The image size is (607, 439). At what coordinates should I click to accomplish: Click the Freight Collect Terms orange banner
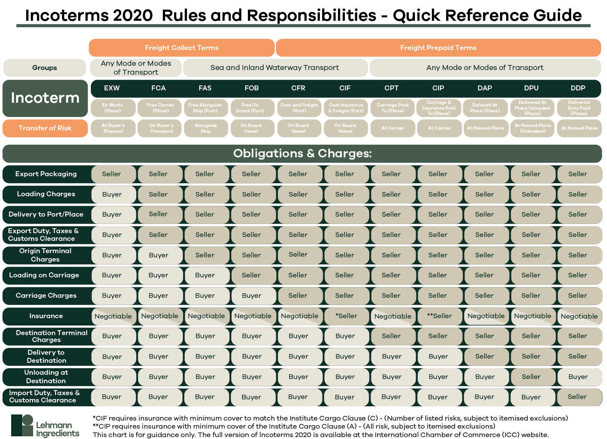(x=181, y=48)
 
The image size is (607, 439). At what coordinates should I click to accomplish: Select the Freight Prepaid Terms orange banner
(x=438, y=48)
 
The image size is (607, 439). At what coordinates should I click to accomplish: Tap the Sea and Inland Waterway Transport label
(x=274, y=68)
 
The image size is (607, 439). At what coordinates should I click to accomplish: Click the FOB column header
(x=251, y=88)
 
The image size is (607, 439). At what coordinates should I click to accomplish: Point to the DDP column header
(x=578, y=88)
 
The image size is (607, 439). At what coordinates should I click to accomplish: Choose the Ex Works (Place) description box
(x=113, y=108)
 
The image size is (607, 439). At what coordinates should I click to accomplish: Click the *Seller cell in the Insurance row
(x=346, y=316)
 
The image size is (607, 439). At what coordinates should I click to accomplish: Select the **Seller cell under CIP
(x=439, y=316)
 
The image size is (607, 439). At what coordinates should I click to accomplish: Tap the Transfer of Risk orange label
(x=45, y=128)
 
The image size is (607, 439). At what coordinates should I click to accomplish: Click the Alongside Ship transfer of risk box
(x=206, y=128)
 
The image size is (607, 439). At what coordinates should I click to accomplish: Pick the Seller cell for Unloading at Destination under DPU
(x=531, y=377)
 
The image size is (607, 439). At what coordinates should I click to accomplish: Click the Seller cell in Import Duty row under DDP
(x=577, y=397)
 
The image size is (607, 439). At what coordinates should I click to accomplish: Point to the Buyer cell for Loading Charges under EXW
(x=112, y=194)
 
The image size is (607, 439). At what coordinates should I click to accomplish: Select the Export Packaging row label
(x=46, y=174)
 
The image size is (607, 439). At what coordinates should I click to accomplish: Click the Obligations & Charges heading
(x=302, y=154)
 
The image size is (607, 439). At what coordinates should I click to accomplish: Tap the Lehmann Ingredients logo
(x=45, y=426)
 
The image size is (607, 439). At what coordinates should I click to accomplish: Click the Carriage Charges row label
(x=46, y=295)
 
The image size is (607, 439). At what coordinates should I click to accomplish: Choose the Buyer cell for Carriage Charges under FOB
(x=252, y=295)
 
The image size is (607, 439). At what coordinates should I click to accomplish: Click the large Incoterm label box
(x=45, y=98)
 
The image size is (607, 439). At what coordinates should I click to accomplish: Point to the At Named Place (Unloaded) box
(x=533, y=128)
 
